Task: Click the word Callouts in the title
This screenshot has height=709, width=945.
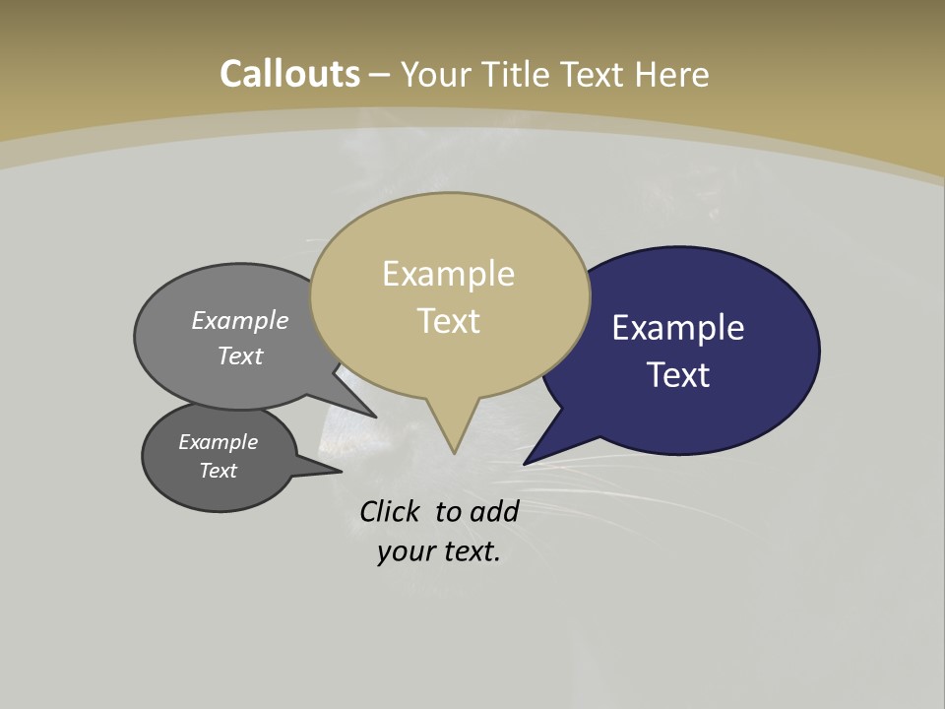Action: coord(290,74)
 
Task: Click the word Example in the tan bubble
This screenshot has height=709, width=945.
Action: coord(448,274)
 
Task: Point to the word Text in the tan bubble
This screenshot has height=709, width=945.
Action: coord(448,321)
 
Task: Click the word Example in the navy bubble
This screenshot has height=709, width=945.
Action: coord(678,328)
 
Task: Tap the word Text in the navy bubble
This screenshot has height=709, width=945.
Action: coord(678,375)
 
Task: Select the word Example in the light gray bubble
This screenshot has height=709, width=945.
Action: coord(240,321)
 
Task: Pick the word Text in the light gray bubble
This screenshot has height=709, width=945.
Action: coord(240,355)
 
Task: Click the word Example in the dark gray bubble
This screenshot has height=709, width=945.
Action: coord(219,442)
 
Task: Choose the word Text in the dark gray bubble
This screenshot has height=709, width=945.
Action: coord(219,471)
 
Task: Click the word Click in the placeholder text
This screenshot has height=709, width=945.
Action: coord(391,511)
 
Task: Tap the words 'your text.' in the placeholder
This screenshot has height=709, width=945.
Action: coord(439,551)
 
